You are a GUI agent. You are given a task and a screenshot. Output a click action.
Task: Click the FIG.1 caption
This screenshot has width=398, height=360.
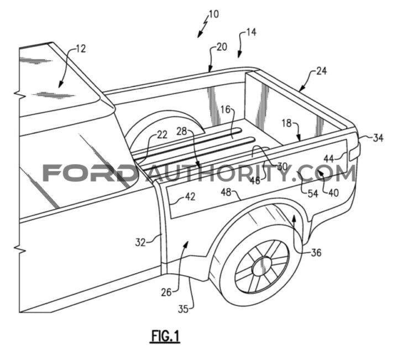[165, 336]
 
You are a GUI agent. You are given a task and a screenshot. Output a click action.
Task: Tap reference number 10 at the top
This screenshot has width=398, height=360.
[213, 14]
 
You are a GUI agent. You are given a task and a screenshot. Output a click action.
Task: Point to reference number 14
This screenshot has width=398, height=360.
[251, 33]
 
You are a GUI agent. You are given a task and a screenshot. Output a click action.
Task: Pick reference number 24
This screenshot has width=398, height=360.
[321, 71]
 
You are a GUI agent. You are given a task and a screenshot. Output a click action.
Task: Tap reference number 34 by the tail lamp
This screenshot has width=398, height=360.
[378, 138]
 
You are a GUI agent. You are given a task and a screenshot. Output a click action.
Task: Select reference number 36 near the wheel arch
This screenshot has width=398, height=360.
[316, 253]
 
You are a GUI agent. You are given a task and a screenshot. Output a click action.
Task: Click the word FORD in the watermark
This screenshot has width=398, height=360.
[89, 173]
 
